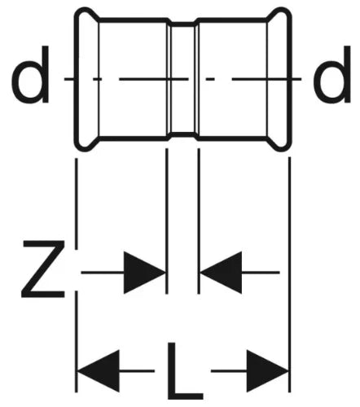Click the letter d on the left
tap(30, 75)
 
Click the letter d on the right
tap(331, 75)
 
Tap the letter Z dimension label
tap(43, 269)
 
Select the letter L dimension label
tap(185, 371)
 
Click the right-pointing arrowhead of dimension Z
tap(144, 273)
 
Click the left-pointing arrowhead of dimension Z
tap(221, 273)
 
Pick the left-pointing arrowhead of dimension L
tap(99, 370)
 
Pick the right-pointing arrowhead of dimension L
tap(267, 370)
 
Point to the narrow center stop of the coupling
tap(183, 79)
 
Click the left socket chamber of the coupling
tap(133, 79)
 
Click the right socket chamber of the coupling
tap(232, 79)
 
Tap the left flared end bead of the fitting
tap(86, 79)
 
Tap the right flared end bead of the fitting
tap(279, 79)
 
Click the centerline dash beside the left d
tap(68, 79)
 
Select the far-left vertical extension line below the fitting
tap(77, 275)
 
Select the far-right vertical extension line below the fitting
tap(290, 274)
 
